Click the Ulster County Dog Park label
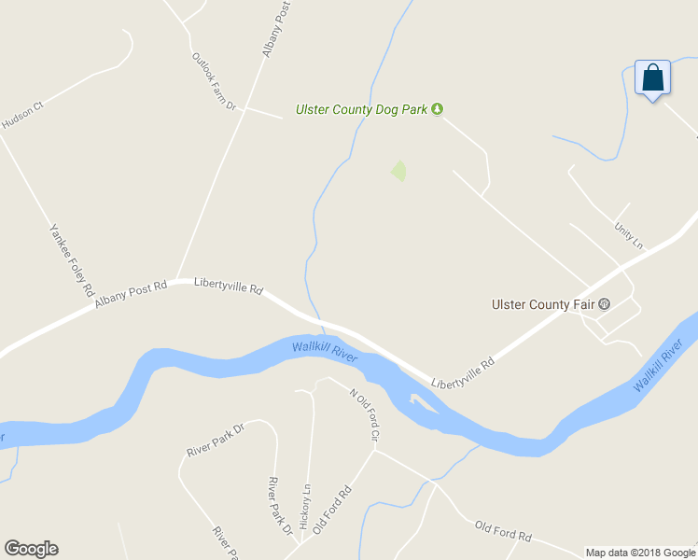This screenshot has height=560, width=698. tap(361, 109)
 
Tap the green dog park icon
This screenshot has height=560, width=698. tap(437, 109)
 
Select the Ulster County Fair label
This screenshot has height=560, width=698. tap(543, 304)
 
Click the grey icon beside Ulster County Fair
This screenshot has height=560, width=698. tap(604, 304)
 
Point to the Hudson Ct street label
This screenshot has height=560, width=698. tap(23, 116)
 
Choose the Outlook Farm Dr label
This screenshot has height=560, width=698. tap(214, 82)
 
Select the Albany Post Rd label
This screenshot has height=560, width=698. tap(130, 294)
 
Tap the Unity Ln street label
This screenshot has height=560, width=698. tap(628, 234)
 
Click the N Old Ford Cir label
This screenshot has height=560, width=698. tap(364, 414)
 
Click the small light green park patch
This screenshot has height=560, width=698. tap(399, 171)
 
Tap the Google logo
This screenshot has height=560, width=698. tap(31, 549)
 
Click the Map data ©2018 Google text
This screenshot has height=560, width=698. tap(640, 553)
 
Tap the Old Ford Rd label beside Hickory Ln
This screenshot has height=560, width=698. tap(331, 509)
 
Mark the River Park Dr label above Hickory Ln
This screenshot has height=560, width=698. tap(215, 439)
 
